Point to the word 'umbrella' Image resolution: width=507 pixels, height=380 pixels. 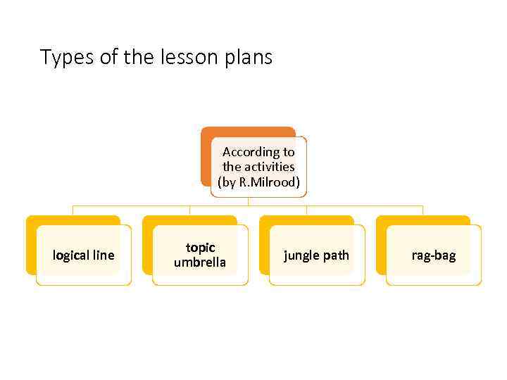[x=200, y=262]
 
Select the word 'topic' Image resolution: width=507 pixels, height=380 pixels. [x=200, y=248]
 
